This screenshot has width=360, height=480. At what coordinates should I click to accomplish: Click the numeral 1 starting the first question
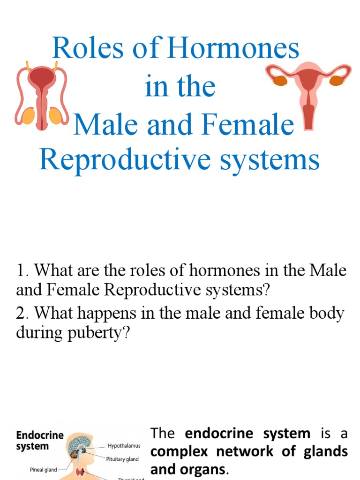pyautogui.click(x=20, y=271)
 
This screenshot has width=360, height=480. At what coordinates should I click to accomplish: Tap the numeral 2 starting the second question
pyautogui.click(x=21, y=313)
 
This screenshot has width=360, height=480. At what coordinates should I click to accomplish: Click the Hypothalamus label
pyautogui.click(x=124, y=446)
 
